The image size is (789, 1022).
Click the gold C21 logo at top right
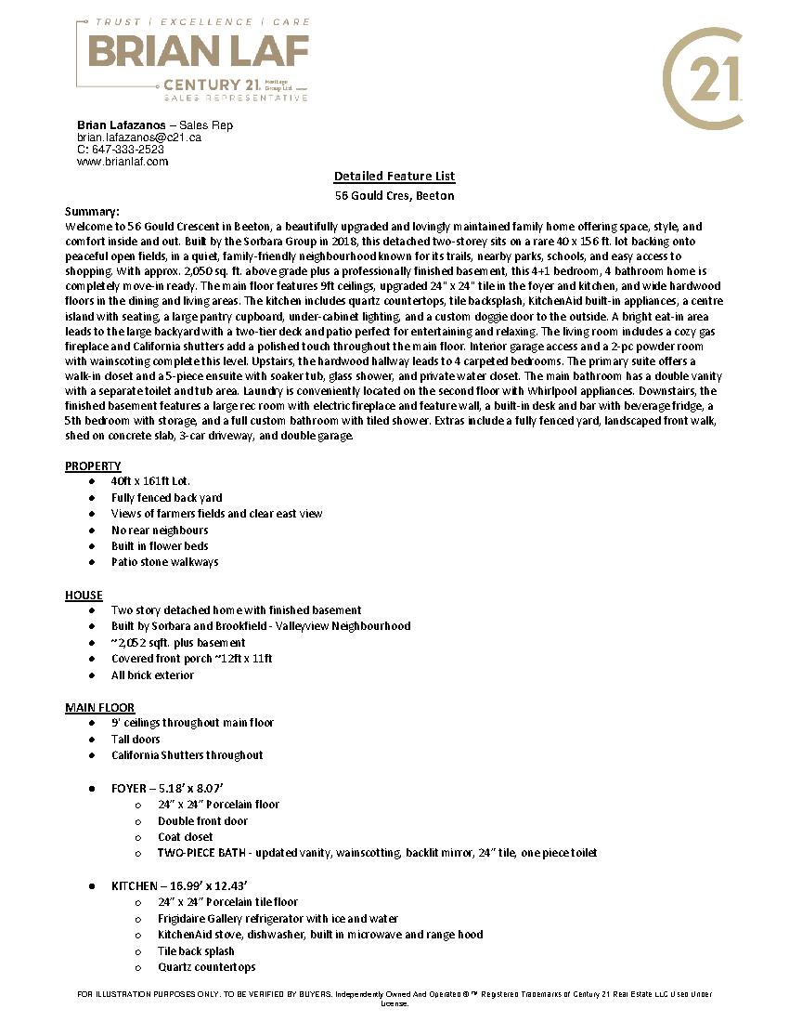[x=703, y=78]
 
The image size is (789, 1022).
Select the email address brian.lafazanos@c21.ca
[x=138, y=138]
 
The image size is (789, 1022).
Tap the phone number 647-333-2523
[x=127, y=150]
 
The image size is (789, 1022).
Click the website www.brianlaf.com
[x=123, y=162]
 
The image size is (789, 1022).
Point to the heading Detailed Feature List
[x=394, y=177]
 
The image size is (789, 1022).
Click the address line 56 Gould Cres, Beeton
[x=394, y=196]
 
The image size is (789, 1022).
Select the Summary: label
[x=92, y=211]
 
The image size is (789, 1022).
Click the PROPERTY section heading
[x=93, y=465]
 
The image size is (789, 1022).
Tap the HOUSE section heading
[x=84, y=595]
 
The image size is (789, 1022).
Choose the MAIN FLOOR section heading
[x=99, y=707]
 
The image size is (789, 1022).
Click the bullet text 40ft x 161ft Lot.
[x=150, y=481]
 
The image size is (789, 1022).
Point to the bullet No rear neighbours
[x=160, y=531]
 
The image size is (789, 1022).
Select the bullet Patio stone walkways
[x=165, y=562]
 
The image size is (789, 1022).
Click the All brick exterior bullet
[x=153, y=675]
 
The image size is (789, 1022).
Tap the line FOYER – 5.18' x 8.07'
[x=167, y=788]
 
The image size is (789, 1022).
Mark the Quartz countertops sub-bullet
[x=206, y=967]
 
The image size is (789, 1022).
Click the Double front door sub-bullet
[x=202, y=821]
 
